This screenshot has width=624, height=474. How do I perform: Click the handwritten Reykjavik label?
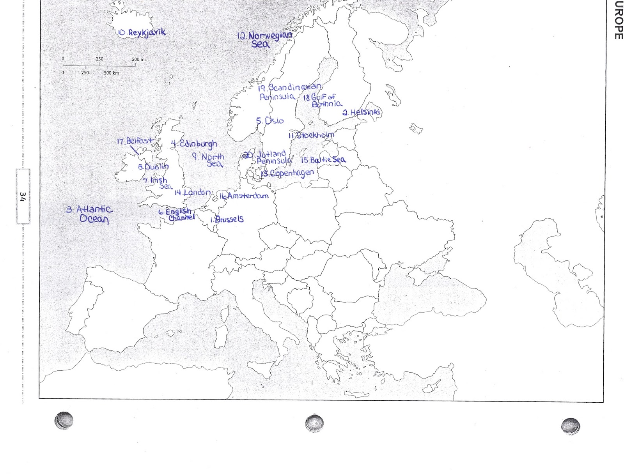click(x=142, y=33)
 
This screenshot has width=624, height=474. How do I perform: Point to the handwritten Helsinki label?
click(x=362, y=113)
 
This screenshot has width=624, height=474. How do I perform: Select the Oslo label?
click(x=270, y=121)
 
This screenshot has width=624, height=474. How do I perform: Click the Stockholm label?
click(x=311, y=136)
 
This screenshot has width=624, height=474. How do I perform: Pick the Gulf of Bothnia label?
click(x=323, y=100)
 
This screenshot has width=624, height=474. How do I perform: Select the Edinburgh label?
click(x=194, y=144)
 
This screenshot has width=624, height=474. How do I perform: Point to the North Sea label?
click(x=209, y=160)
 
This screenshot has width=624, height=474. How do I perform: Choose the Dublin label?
click(x=153, y=167)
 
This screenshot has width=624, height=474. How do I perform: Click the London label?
click(x=193, y=192)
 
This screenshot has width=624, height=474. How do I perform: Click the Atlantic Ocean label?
click(x=91, y=214)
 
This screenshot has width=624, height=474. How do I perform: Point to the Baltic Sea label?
click(x=323, y=160)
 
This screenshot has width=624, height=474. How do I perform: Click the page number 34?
click(x=22, y=196)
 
